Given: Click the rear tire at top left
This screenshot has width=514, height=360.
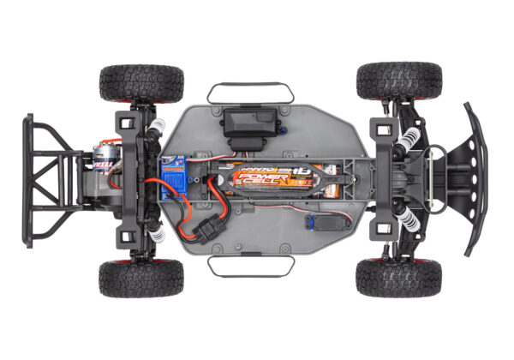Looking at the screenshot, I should (x=141, y=82).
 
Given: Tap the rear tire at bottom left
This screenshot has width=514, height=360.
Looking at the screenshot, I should (x=141, y=278).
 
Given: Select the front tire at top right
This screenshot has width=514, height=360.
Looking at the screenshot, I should (x=398, y=80).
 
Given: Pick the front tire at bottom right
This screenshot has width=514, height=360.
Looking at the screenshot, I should (x=398, y=277).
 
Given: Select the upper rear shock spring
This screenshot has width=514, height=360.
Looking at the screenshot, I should (x=155, y=129).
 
